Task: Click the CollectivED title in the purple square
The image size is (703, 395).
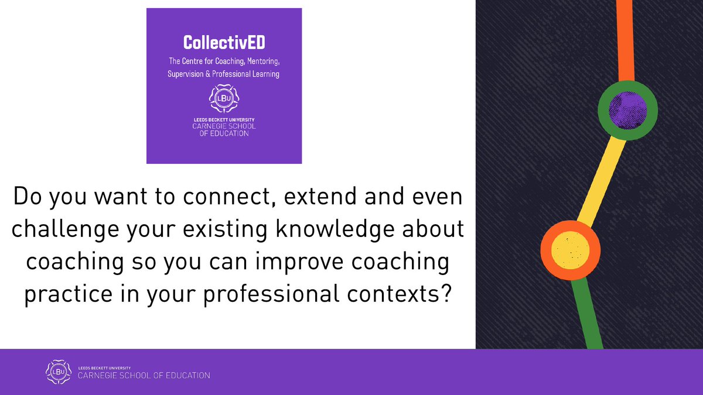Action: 224,42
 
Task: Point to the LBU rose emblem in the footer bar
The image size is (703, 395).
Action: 57,372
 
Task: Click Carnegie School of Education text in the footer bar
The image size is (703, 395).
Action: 144,375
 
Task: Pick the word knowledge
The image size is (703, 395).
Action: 336,229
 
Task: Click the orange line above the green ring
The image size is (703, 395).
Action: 625,41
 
